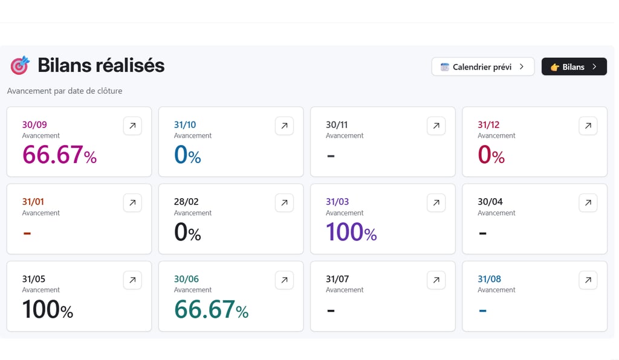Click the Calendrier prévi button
(482, 67)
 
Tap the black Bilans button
(574, 67)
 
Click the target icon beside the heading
(19, 65)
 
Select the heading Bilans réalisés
(101, 65)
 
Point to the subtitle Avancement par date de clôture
(65, 91)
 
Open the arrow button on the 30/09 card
(132, 126)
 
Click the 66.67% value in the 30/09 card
(59, 155)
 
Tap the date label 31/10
(185, 125)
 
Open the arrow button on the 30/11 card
(436, 126)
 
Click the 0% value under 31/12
(491, 155)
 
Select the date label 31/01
(33, 202)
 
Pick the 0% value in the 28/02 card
(187, 233)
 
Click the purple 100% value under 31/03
(351, 233)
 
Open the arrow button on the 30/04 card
(588, 203)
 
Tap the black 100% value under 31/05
(47, 310)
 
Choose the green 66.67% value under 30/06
(211, 310)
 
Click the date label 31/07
(337, 279)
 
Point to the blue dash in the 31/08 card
(482, 310)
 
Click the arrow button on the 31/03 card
(436, 203)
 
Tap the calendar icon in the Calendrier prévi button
(445, 67)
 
